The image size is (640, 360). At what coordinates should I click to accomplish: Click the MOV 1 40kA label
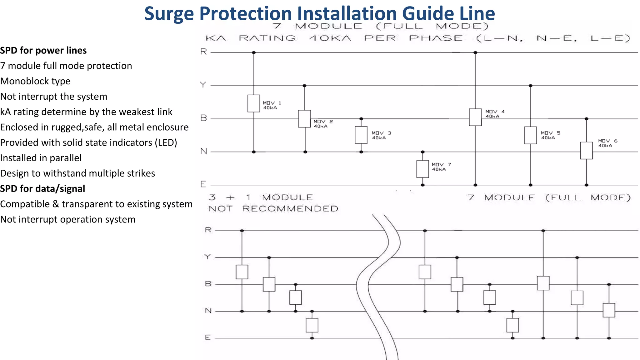[272, 105]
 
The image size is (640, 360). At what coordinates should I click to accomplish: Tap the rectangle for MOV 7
[422, 169]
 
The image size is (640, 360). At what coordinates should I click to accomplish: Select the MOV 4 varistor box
[475, 117]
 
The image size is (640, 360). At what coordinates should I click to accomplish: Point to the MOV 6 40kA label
[607, 143]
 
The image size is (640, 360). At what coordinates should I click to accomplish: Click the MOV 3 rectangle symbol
[361, 135]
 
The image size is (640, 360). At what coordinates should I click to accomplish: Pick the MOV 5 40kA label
[550, 135]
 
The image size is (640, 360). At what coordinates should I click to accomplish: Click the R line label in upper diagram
[203, 52]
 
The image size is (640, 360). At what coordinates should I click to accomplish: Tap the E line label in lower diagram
[208, 337]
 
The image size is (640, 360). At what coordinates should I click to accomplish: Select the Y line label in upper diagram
[203, 85]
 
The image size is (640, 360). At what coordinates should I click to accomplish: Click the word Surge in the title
[169, 14]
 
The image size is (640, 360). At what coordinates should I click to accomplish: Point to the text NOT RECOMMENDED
[273, 209]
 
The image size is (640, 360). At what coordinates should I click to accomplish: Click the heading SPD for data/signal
[43, 189]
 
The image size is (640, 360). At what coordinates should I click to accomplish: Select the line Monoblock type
[35, 81]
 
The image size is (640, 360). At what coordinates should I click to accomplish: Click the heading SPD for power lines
[43, 51]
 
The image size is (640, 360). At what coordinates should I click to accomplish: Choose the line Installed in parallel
[41, 158]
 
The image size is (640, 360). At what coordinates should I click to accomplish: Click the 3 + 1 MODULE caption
[261, 197]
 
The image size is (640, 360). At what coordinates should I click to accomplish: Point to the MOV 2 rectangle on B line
[304, 119]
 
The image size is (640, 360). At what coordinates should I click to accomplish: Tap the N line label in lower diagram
[208, 311]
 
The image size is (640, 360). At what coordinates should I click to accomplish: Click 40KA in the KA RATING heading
[330, 38]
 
